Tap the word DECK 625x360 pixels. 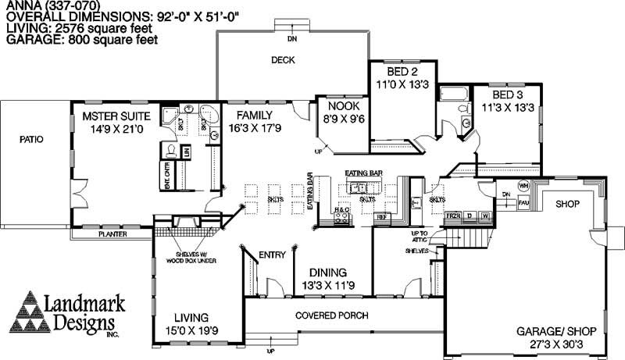coord(282,60)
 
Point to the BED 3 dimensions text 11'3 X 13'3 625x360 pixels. coord(507,108)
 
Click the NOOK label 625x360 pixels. coord(342,105)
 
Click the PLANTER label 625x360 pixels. coord(118,233)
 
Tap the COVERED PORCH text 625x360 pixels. coord(332,315)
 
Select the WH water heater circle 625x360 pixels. coord(523,187)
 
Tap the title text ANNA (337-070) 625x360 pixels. coord(32,5)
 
